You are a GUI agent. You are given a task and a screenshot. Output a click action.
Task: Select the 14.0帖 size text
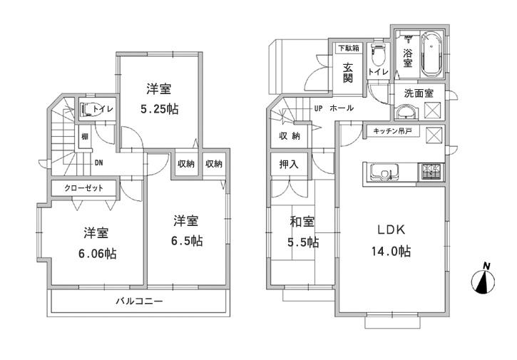(391, 251)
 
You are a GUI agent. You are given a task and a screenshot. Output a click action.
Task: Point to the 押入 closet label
(289, 164)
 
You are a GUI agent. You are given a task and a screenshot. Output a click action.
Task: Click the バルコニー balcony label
(140, 302)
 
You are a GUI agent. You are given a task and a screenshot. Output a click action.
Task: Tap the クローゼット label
(83, 188)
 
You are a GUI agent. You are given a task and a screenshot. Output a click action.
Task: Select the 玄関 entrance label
(348, 73)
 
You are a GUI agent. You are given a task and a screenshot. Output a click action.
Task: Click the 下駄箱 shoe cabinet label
(348, 48)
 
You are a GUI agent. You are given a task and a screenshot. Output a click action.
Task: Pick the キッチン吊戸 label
(390, 131)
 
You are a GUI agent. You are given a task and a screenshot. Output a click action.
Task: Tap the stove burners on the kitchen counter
(431, 171)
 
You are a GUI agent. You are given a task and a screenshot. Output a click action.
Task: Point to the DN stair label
(100, 162)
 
